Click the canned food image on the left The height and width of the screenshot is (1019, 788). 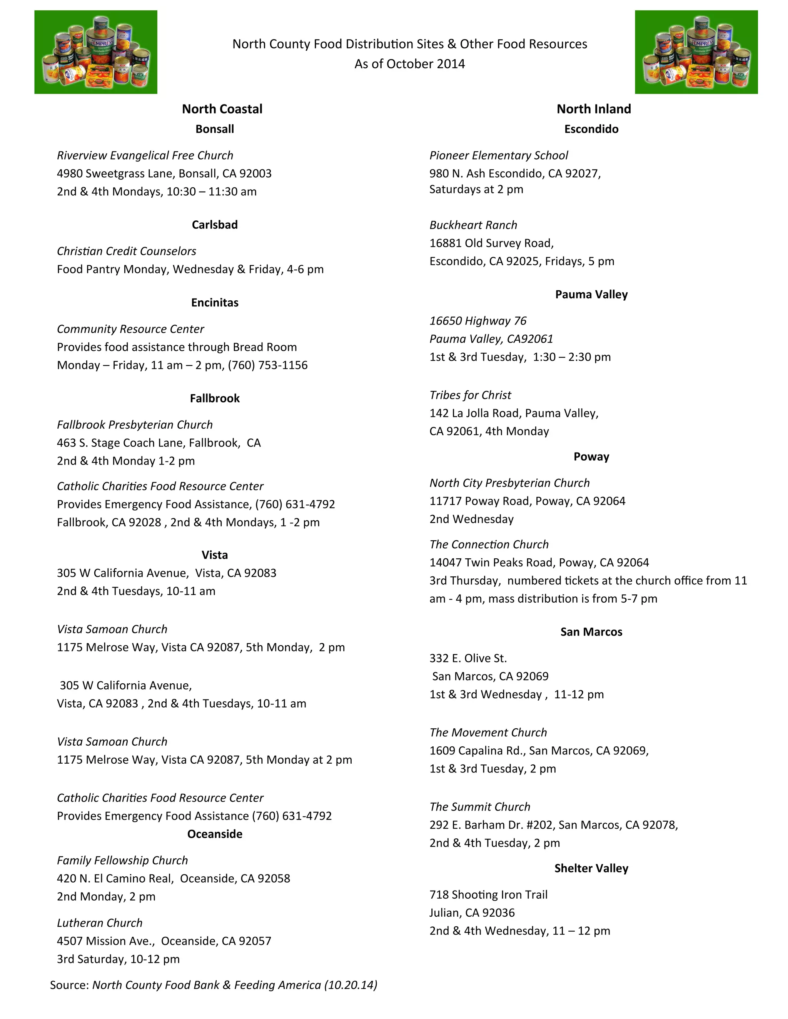click(96, 52)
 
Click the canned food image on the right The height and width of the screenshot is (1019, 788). click(696, 52)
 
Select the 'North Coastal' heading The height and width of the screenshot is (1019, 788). click(222, 109)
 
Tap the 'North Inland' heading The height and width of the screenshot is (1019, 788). click(593, 109)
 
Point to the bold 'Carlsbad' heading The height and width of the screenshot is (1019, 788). click(215, 225)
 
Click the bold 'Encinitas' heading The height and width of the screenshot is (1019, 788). click(215, 303)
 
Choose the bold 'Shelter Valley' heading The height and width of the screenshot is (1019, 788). click(591, 868)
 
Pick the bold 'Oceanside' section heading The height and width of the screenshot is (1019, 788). click(215, 834)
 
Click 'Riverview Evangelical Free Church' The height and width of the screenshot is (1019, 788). click(145, 155)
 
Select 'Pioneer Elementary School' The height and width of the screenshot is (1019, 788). click(499, 155)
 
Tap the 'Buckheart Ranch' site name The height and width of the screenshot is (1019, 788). click(473, 225)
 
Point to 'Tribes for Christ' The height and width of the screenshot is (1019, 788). click(470, 395)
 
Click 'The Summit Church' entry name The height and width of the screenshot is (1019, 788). click(480, 807)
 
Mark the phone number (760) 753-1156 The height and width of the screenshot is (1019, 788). click(268, 365)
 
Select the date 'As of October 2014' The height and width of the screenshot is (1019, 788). click(409, 64)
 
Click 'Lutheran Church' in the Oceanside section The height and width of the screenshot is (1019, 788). click(99, 923)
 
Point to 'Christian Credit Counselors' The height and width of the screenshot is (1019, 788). click(127, 251)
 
